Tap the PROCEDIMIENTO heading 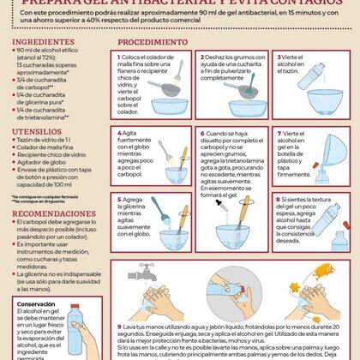click(153, 40)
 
